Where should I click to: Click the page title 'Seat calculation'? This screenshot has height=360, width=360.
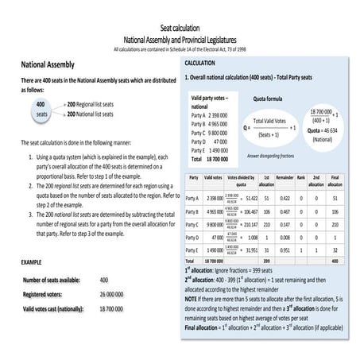[180, 28]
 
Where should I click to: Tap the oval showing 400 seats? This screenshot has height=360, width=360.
[41, 109]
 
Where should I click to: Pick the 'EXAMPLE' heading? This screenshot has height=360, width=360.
[32, 261]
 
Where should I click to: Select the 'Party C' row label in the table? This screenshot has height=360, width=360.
[192, 225]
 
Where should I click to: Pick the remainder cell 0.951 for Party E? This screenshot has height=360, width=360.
[285, 250]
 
